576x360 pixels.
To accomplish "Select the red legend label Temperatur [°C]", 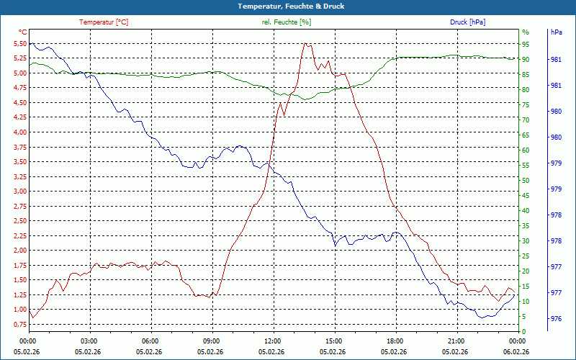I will pyautogui.click(x=104, y=22).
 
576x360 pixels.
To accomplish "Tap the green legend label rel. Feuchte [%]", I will pyautogui.click(x=287, y=22).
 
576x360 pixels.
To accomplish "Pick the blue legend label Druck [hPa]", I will pyautogui.click(x=467, y=22).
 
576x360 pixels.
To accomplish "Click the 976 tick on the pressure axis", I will pyautogui.click(x=556, y=319).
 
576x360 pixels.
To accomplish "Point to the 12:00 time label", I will pyautogui.click(x=273, y=341).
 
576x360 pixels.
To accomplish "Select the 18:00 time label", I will pyautogui.click(x=395, y=341).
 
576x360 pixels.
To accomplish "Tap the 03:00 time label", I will pyautogui.click(x=89, y=341).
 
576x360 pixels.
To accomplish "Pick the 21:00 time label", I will pyautogui.click(x=456, y=341).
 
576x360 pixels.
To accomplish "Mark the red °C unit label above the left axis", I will pyautogui.click(x=23, y=32).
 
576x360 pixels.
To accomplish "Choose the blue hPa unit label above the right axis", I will pyautogui.click(x=557, y=32).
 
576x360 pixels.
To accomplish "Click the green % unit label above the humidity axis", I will pyautogui.click(x=526, y=32).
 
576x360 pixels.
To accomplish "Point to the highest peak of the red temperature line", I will pyautogui.click(x=305, y=43).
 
